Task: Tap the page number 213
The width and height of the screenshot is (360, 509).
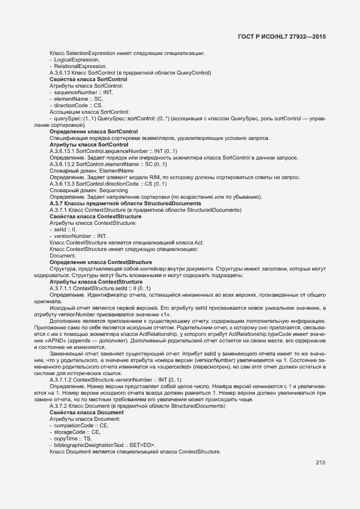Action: coord(320,463)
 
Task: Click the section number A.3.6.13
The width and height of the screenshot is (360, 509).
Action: coord(60,72)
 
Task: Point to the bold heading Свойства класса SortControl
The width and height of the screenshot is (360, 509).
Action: coord(88,79)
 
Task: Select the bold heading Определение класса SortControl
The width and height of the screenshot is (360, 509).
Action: coord(93,132)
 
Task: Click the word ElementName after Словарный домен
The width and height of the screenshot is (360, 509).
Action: coord(116,171)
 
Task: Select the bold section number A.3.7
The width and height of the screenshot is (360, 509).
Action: coord(57,204)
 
